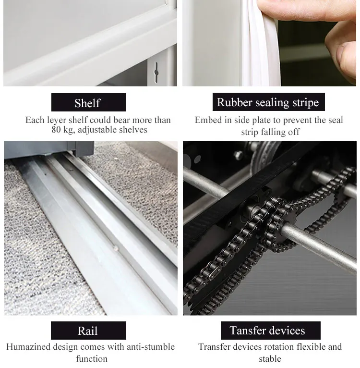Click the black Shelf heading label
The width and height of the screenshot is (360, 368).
tap(89, 102)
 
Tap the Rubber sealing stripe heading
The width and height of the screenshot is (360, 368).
tap(268, 102)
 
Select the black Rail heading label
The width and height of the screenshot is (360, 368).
tap(88, 331)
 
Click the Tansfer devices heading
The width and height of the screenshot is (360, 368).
tap(270, 331)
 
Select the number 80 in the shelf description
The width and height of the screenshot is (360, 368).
tap(56, 130)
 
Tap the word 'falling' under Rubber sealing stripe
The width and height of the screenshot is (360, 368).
tap(273, 132)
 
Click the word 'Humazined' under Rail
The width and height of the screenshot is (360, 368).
tap(28, 347)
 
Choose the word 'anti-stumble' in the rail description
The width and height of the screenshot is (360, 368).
tap(151, 347)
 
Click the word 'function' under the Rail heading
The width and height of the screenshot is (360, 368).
tap(92, 359)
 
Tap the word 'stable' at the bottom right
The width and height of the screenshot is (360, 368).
tap(270, 359)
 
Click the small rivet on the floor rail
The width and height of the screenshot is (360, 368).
tap(115, 248)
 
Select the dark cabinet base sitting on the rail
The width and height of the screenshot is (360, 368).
tap(49, 148)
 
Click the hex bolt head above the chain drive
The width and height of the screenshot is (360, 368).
tap(238, 155)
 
